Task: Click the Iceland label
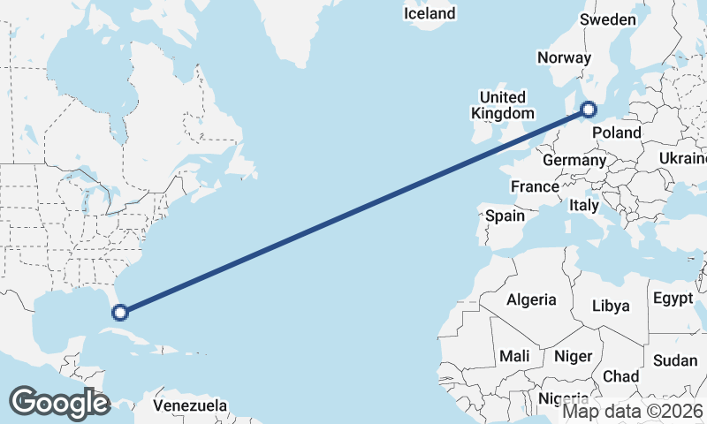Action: tap(430, 13)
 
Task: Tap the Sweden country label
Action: tap(607, 20)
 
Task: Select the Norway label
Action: tap(564, 57)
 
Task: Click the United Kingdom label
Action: tap(503, 105)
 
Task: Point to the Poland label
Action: tap(617, 132)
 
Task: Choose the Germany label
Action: tap(574, 161)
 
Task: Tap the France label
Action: tap(535, 186)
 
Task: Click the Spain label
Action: tap(505, 215)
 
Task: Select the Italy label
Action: tap(583, 205)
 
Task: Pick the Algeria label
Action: tap(531, 299)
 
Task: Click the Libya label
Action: tap(611, 306)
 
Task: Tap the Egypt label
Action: tap(673, 299)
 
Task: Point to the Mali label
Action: tap(514, 356)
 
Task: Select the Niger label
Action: tap(572, 357)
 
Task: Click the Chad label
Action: tap(620, 376)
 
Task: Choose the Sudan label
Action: tap(675, 360)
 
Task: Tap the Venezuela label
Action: tap(190, 406)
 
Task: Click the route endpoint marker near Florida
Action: tap(119, 311)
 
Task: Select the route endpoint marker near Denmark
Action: tap(589, 110)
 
